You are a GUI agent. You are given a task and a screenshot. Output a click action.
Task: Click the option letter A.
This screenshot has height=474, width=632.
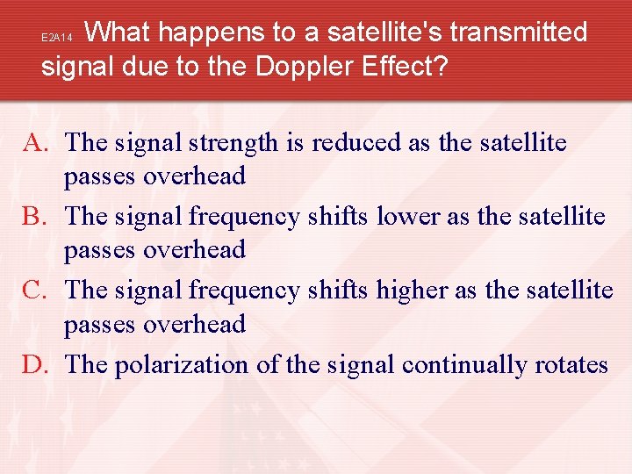pyautogui.click(x=36, y=142)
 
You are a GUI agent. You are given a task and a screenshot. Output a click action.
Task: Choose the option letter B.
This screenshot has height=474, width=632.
pyautogui.click(x=36, y=216)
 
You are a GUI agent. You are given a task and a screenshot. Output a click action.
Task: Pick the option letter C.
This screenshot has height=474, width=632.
pyautogui.click(x=36, y=290)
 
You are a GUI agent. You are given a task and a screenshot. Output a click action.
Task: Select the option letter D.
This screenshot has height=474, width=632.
pyautogui.click(x=36, y=364)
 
